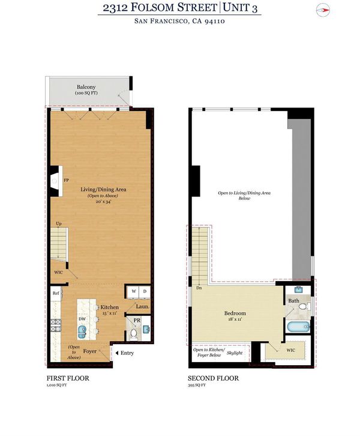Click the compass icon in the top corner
323,11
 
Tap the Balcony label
86,87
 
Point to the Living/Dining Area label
103,189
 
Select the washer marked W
134,291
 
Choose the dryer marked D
145,291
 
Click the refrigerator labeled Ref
56,293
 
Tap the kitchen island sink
82,332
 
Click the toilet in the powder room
134,334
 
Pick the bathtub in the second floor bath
298,327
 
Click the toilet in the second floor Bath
304,306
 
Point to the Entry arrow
116,353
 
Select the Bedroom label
235,313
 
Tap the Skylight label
235,353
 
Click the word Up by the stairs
59,223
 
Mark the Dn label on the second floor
199,288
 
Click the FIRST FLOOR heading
68,378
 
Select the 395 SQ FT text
197,385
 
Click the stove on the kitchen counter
56,325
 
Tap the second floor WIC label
291,350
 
